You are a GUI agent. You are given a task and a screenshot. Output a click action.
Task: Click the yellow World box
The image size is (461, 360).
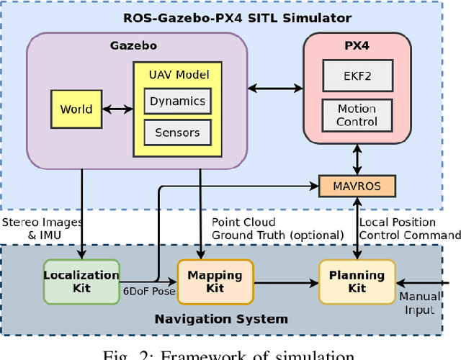pyautogui.click(x=76, y=109)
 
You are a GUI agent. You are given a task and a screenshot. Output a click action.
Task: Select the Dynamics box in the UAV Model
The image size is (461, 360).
pyautogui.click(x=177, y=102)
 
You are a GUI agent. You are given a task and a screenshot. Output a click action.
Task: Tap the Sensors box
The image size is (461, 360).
pyautogui.click(x=177, y=132)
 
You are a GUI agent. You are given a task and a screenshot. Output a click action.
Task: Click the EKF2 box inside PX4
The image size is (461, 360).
pyautogui.click(x=357, y=75)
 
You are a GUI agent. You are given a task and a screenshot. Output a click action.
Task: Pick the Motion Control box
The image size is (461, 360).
pyautogui.click(x=357, y=115)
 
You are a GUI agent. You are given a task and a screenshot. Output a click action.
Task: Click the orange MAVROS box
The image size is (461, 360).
pyautogui.click(x=357, y=186)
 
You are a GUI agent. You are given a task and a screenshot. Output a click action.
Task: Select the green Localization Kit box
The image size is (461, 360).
pyautogui.click(x=81, y=281)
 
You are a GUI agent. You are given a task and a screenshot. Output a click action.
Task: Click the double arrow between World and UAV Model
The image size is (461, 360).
pyautogui.click(x=118, y=109)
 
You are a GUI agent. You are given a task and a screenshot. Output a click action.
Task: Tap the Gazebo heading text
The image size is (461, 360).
pyautogui.click(x=137, y=45)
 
